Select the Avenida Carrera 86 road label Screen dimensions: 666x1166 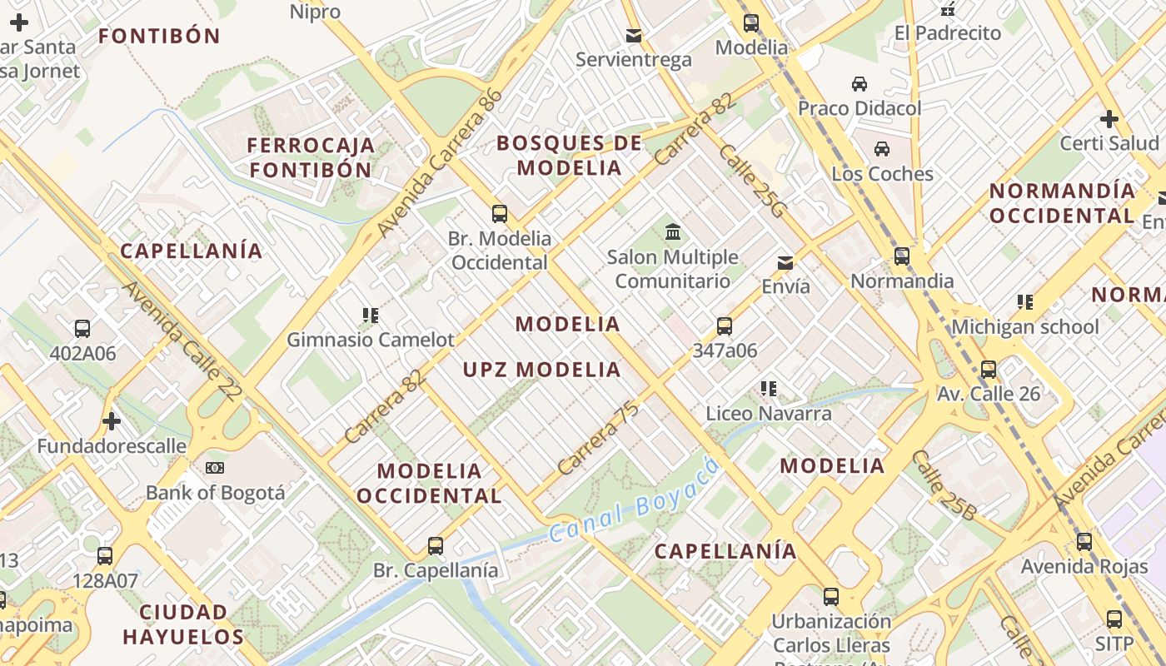[x=440, y=162]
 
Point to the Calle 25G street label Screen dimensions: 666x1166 [x=751, y=181]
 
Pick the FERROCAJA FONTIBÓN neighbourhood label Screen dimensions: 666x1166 [x=311, y=157]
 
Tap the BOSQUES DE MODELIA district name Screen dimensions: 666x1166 [x=570, y=155]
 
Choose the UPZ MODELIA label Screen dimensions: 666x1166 [x=542, y=370]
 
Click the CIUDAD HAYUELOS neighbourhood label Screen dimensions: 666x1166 [x=183, y=624]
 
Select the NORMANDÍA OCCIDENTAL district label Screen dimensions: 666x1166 [x=1062, y=203]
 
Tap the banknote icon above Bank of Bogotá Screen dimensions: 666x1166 [x=215, y=468]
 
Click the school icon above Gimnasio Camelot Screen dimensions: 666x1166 [x=371, y=316]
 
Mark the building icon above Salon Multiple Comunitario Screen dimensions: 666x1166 [x=672, y=232]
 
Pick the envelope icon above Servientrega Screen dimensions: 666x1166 [x=634, y=35]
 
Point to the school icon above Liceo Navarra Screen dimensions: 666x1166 [x=768, y=389]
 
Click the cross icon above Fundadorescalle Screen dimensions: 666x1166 [x=112, y=421]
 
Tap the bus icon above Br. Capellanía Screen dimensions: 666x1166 [x=436, y=546]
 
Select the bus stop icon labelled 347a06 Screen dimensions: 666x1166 [x=725, y=326]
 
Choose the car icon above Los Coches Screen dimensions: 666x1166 [x=882, y=149]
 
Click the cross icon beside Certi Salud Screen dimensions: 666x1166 [x=1109, y=119]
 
